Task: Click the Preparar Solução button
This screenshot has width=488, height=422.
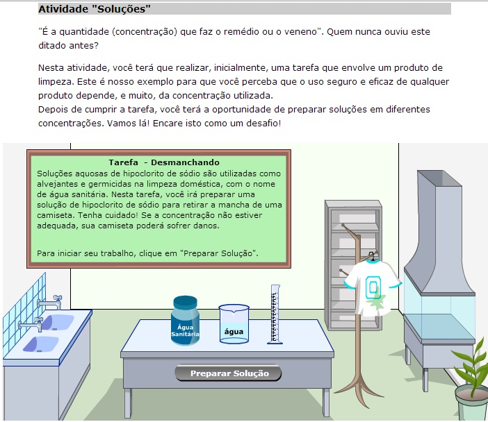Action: pos(228,373)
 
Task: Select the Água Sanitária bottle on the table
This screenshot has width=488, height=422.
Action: pos(185,320)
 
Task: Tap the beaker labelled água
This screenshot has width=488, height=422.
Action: pos(234,324)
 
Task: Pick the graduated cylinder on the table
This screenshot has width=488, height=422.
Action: pos(275,314)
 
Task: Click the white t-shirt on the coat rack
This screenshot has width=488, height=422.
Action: pos(373,287)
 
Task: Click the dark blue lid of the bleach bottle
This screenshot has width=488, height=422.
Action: pos(185,302)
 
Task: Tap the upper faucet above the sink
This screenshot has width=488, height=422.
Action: pos(50,301)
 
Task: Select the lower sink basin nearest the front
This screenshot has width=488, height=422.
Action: pos(41,344)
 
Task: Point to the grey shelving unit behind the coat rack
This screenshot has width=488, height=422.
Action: pos(353,264)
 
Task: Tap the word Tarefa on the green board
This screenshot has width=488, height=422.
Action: pos(123,162)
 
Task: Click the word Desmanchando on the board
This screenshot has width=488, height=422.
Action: pos(185,162)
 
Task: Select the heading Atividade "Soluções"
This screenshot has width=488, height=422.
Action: pos(95,9)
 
